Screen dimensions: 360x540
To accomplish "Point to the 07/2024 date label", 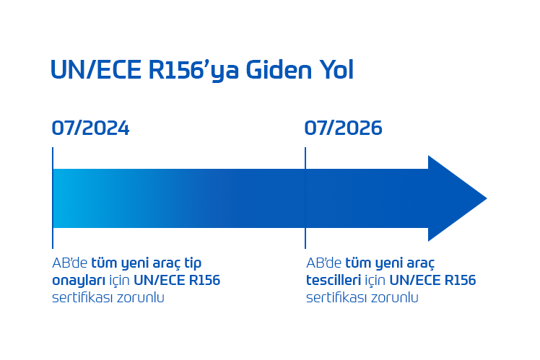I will pyautogui.click(x=90, y=128).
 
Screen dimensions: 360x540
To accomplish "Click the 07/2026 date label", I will pyautogui.click(x=343, y=128).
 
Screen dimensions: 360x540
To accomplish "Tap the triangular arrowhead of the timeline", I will pyautogui.click(x=455, y=198).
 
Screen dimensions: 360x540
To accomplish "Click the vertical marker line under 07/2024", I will pyautogui.click(x=53, y=238).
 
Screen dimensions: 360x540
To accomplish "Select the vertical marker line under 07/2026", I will pyautogui.click(x=305, y=238).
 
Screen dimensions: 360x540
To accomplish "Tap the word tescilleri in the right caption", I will pyautogui.click(x=334, y=280).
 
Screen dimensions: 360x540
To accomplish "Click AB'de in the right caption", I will pyautogui.click(x=323, y=263).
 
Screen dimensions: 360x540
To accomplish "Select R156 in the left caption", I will pyautogui.click(x=203, y=280).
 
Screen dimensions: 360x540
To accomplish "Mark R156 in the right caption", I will pyautogui.click(x=458, y=280).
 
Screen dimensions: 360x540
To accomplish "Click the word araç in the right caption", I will pyautogui.click(x=419, y=263).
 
